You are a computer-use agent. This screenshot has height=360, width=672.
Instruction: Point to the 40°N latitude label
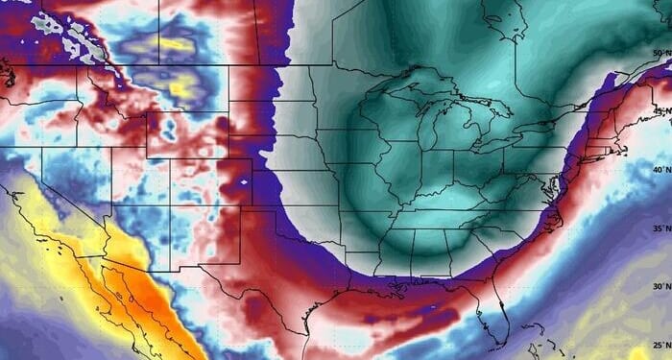659,170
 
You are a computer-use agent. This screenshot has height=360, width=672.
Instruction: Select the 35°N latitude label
659,228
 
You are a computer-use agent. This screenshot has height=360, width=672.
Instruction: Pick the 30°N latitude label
659,286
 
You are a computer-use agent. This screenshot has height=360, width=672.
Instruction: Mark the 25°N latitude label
659,344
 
